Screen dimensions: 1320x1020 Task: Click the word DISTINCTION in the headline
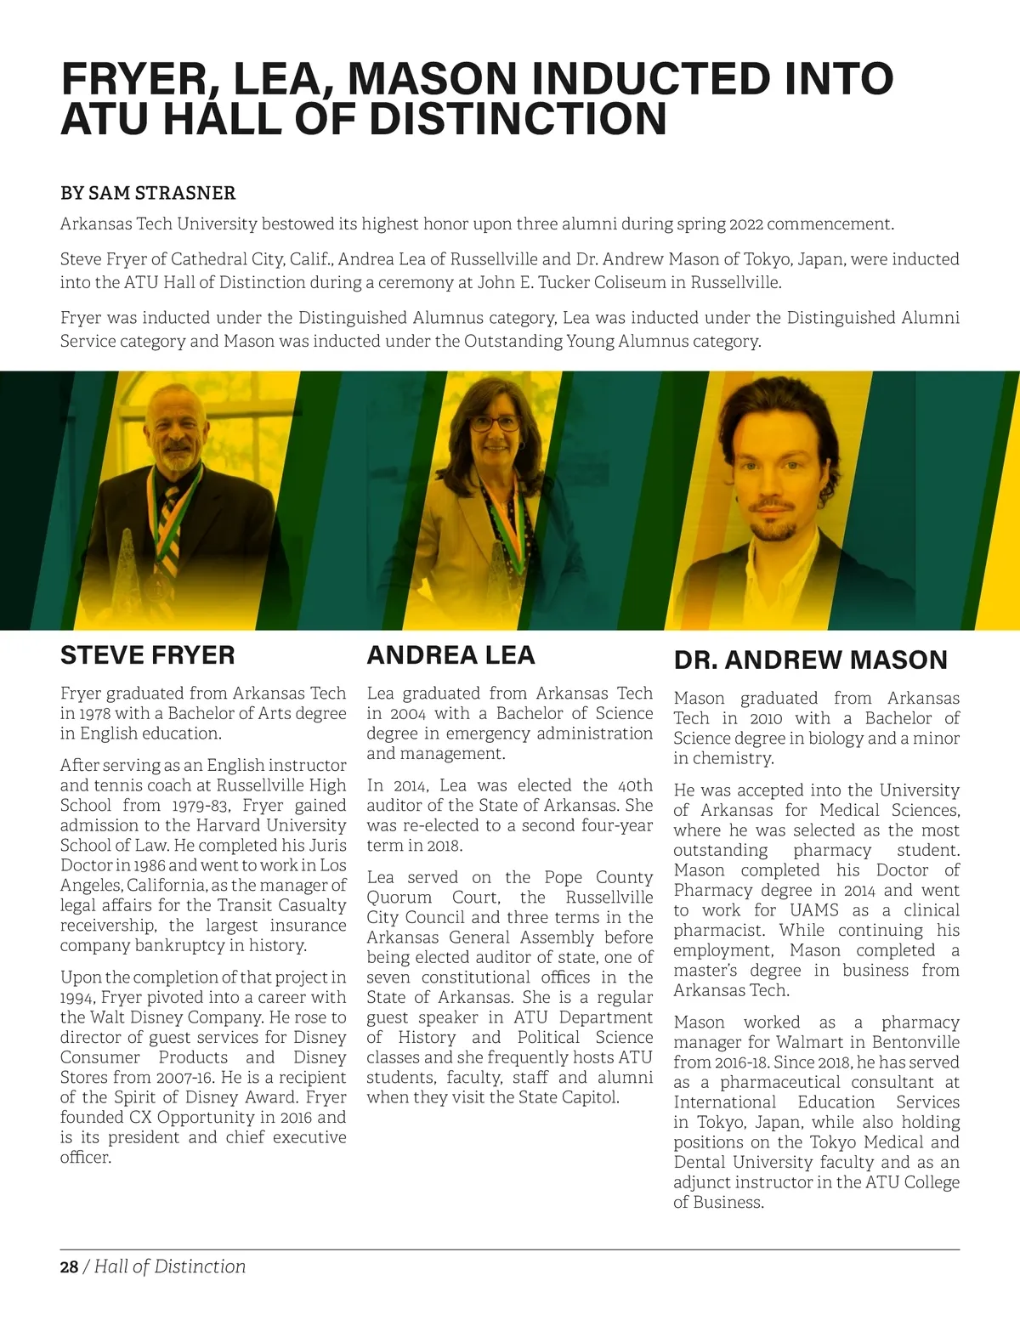coord(518,118)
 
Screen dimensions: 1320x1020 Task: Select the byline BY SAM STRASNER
coord(148,193)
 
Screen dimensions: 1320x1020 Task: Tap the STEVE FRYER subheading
coord(147,655)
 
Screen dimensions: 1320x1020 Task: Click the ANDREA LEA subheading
coord(450,655)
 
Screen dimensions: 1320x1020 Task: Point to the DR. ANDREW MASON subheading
coord(810,660)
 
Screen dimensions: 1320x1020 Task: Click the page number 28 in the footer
coord(69,1266)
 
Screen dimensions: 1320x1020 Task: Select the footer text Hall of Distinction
coord(170,1266)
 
